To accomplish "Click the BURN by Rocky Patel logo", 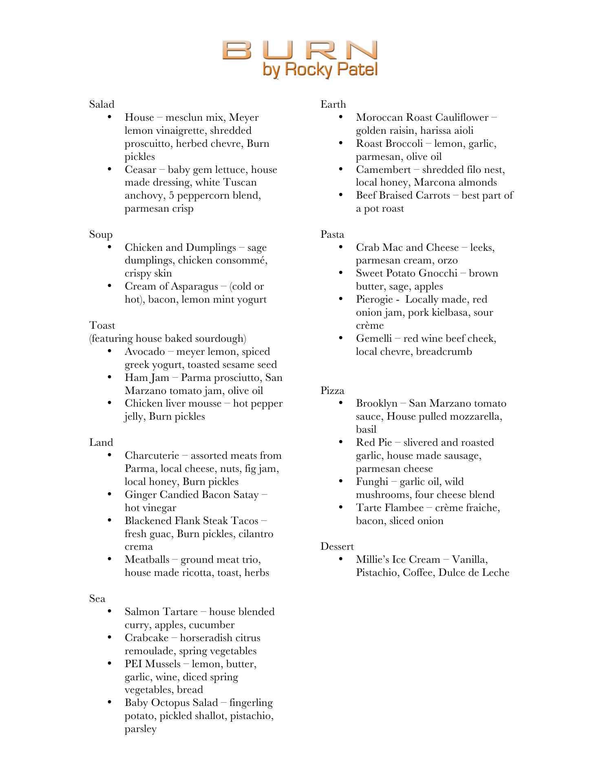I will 300,58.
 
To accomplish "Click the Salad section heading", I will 102,104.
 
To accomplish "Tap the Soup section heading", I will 101,234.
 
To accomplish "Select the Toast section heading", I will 102,325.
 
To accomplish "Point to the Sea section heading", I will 97,599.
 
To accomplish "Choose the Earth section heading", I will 333,104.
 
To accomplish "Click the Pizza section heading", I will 332,391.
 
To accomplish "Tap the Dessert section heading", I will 337,546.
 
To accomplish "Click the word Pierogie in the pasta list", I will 374,300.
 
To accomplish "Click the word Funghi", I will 371,482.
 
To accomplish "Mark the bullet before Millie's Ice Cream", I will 341,559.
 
